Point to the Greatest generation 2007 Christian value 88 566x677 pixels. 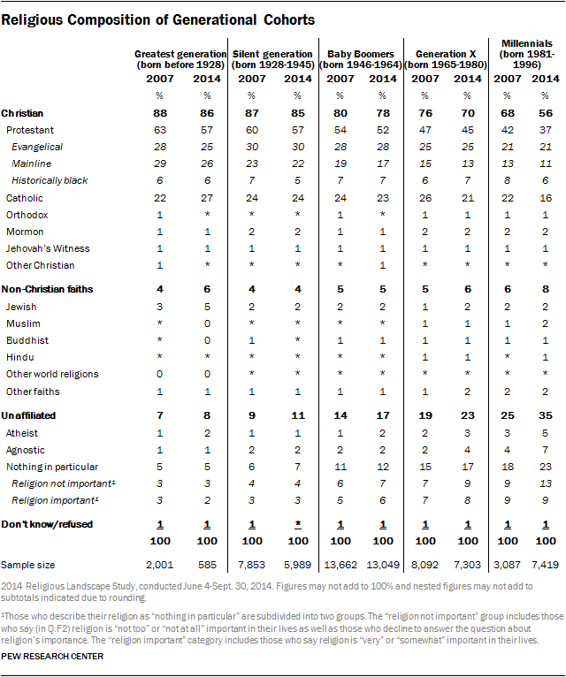(x=159, y=114)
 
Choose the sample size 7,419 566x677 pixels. (x=547, y=563)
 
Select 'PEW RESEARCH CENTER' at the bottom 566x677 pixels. (x=53, y=657)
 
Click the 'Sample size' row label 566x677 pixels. (x=27, y=563)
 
